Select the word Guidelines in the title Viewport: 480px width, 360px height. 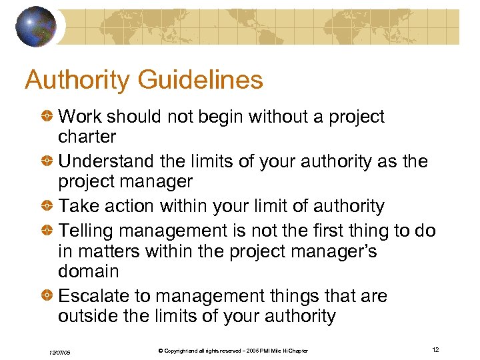click(x=201, y=81)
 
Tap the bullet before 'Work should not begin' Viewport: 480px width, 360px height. click(x=49, y=117)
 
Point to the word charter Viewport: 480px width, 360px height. click(x=87, y=137)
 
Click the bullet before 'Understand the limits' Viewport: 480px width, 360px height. click(x=49, y=161)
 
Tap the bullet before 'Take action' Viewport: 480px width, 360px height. click(x=49, y=207)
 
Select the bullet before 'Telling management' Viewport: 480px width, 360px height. click(x=49, y=231)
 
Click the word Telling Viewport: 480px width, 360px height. click(x=87, y=231)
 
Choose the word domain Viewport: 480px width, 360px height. click(x=88, y=272)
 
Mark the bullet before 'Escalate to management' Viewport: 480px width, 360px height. click(x=49, y=296)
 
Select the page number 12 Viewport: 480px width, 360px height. click(x=435, y=350)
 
